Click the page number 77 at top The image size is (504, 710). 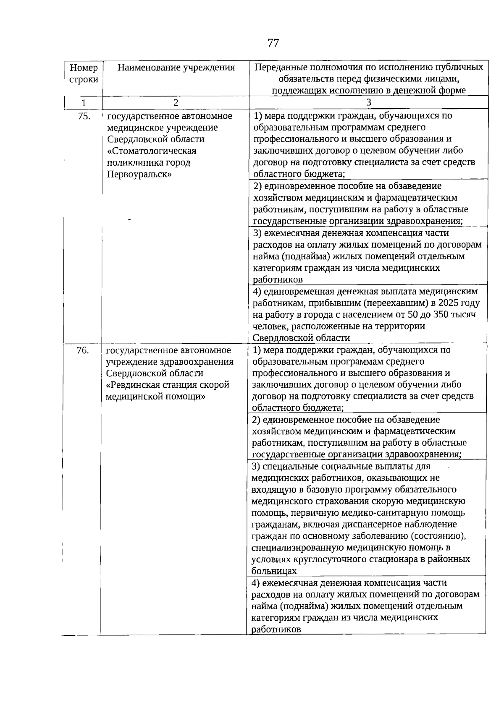[273, 43]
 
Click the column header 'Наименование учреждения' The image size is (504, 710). [176, 68]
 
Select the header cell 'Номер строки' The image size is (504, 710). [84, 73]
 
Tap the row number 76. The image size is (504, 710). [83, 350]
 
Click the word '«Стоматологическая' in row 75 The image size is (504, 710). [152, 151]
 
